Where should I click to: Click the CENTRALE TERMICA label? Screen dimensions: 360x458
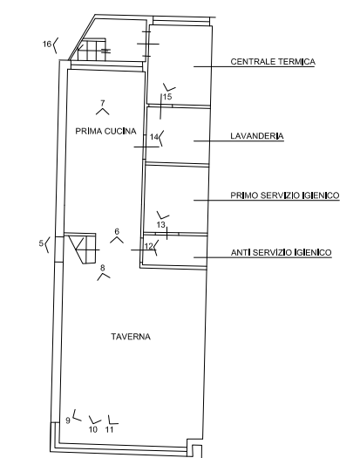(273, 62)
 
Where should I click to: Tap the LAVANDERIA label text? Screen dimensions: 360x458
(257, 136)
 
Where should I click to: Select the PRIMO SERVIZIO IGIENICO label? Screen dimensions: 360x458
(285, 195)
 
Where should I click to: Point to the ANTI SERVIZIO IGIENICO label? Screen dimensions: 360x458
(282, 252)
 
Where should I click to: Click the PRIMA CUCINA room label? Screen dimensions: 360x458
(105, 131)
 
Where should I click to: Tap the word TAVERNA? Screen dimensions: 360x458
(131, 337)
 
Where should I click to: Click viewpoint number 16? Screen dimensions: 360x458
(47, 44)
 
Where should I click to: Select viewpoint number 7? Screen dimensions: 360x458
(103, 103)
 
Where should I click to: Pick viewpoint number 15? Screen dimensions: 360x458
(167, 97)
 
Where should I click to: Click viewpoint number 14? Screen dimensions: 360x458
(154, 137)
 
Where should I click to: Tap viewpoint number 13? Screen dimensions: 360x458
(161, 224)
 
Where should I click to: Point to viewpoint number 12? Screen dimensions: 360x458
(149, 246)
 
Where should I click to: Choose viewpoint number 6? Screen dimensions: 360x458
(117, 232)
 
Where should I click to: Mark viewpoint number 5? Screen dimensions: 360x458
(41, 243)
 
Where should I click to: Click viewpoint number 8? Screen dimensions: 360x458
(102, 268)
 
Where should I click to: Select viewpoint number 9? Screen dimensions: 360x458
(68, 420)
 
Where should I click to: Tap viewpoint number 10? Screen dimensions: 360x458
(93, 430)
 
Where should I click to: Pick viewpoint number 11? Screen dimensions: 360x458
(109, 430)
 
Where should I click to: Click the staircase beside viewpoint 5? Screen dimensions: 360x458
(81, 249)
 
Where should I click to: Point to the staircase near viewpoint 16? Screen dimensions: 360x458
(92, 50)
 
